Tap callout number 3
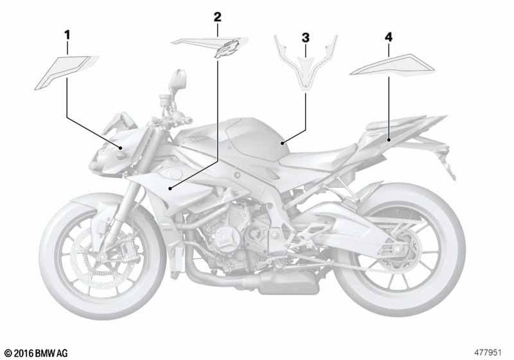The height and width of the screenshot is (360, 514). [x=306, y=38]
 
